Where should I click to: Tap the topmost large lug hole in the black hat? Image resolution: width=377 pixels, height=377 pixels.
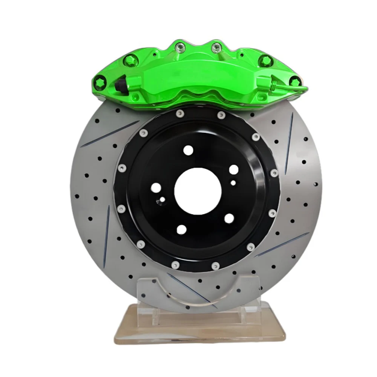click(187, 150)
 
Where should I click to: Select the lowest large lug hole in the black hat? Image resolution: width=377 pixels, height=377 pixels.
click(181, 229)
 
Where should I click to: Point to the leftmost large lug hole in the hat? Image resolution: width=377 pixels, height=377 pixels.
click(155, 187)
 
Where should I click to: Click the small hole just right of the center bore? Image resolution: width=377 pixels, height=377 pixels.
click(234, 183)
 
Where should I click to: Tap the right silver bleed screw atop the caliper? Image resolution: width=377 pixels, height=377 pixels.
click(216, 47)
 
